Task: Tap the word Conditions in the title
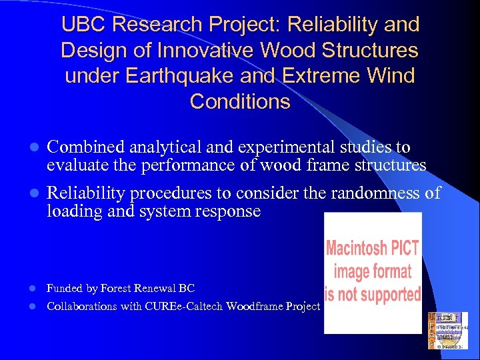240,102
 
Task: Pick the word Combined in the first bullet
83,147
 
